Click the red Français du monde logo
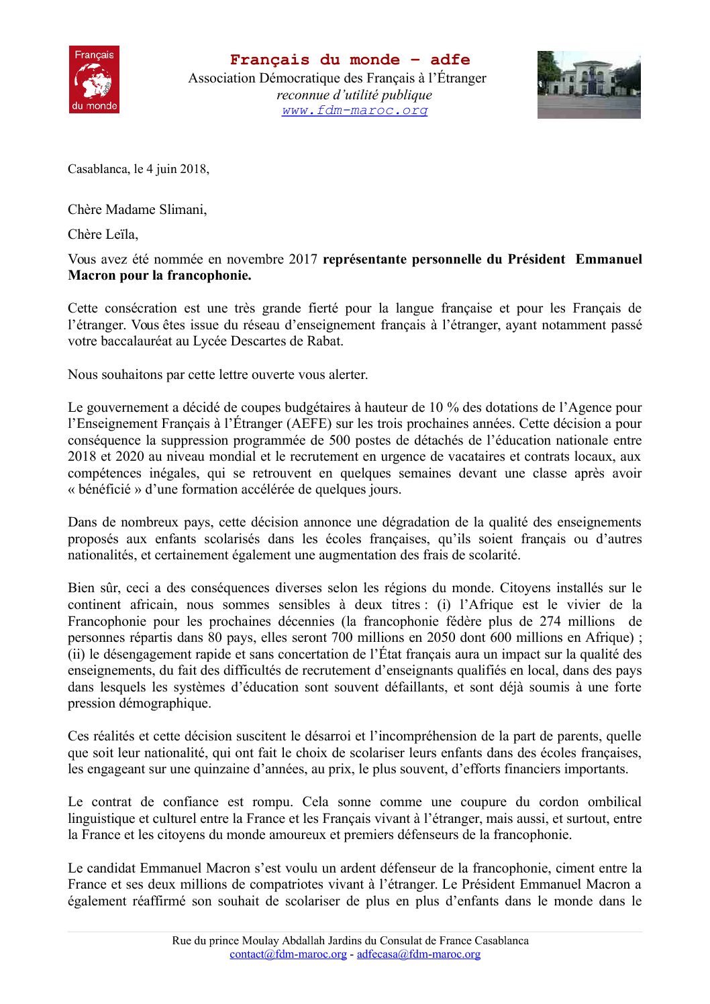(x=94, y=79)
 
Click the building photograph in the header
(x=589, y=85)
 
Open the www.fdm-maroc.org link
(x=354, y=111)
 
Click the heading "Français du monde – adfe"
(x=350, y=60)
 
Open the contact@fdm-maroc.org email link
(x=288, y=954)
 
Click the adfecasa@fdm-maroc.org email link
(x=418, y=954)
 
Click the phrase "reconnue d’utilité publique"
(x=354, y=95)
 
